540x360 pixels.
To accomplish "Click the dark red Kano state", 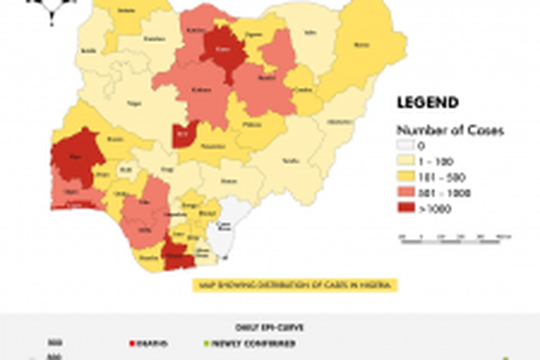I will tap(223, 49).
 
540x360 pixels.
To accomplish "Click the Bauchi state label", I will tap(268, 78).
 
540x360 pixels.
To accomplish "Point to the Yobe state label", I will tap(310, 33).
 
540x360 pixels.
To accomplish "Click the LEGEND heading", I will tap(427, 103).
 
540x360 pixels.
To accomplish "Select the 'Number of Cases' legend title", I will tap(450, 130).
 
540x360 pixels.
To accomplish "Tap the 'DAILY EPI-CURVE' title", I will tap(269, 326).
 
